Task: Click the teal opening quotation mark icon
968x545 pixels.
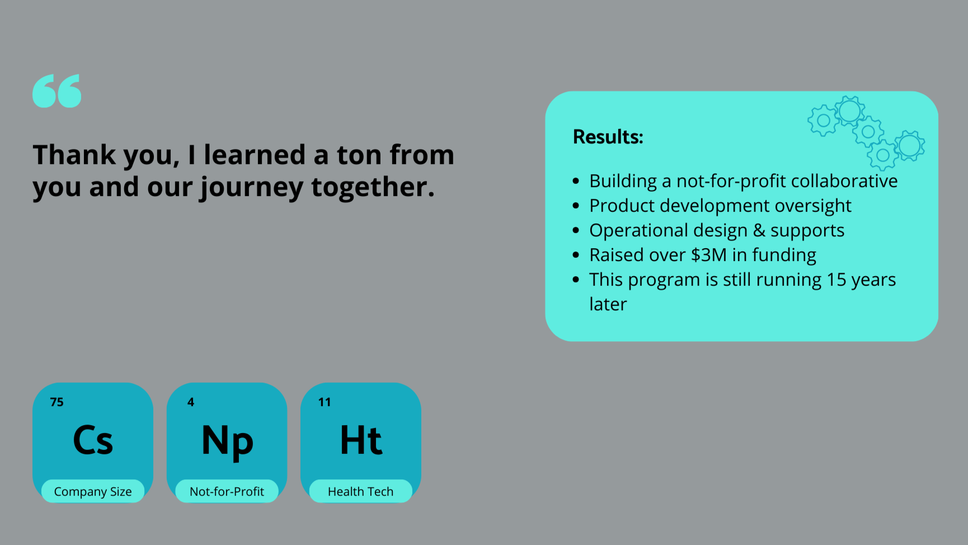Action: (x=57, y=91)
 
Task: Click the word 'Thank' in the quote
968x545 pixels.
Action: (x=74, y=155)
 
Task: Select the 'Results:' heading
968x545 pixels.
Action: (x=608, y=137)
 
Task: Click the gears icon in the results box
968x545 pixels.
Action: (x=866, y=132)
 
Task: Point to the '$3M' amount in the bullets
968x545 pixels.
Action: (x=708, y=255)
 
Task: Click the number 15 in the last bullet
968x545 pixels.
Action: (x=836, y=280)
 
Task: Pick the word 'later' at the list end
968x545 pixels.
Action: (x=608, y=304)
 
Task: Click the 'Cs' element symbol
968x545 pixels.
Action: (x=93, y=440)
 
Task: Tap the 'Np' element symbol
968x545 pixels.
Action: (x=227, y=441)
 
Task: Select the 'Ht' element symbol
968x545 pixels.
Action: (x=361, y=440)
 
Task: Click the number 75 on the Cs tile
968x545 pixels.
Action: (x=57, y=402)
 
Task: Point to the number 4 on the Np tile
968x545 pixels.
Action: (x=191, y=402)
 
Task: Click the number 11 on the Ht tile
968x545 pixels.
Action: (x=325, y=402)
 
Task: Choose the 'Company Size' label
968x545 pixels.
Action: (x=93, y=491)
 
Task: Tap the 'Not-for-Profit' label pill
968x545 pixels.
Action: (x=227, y=491)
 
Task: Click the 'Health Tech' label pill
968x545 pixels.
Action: (x=360, y=491)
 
